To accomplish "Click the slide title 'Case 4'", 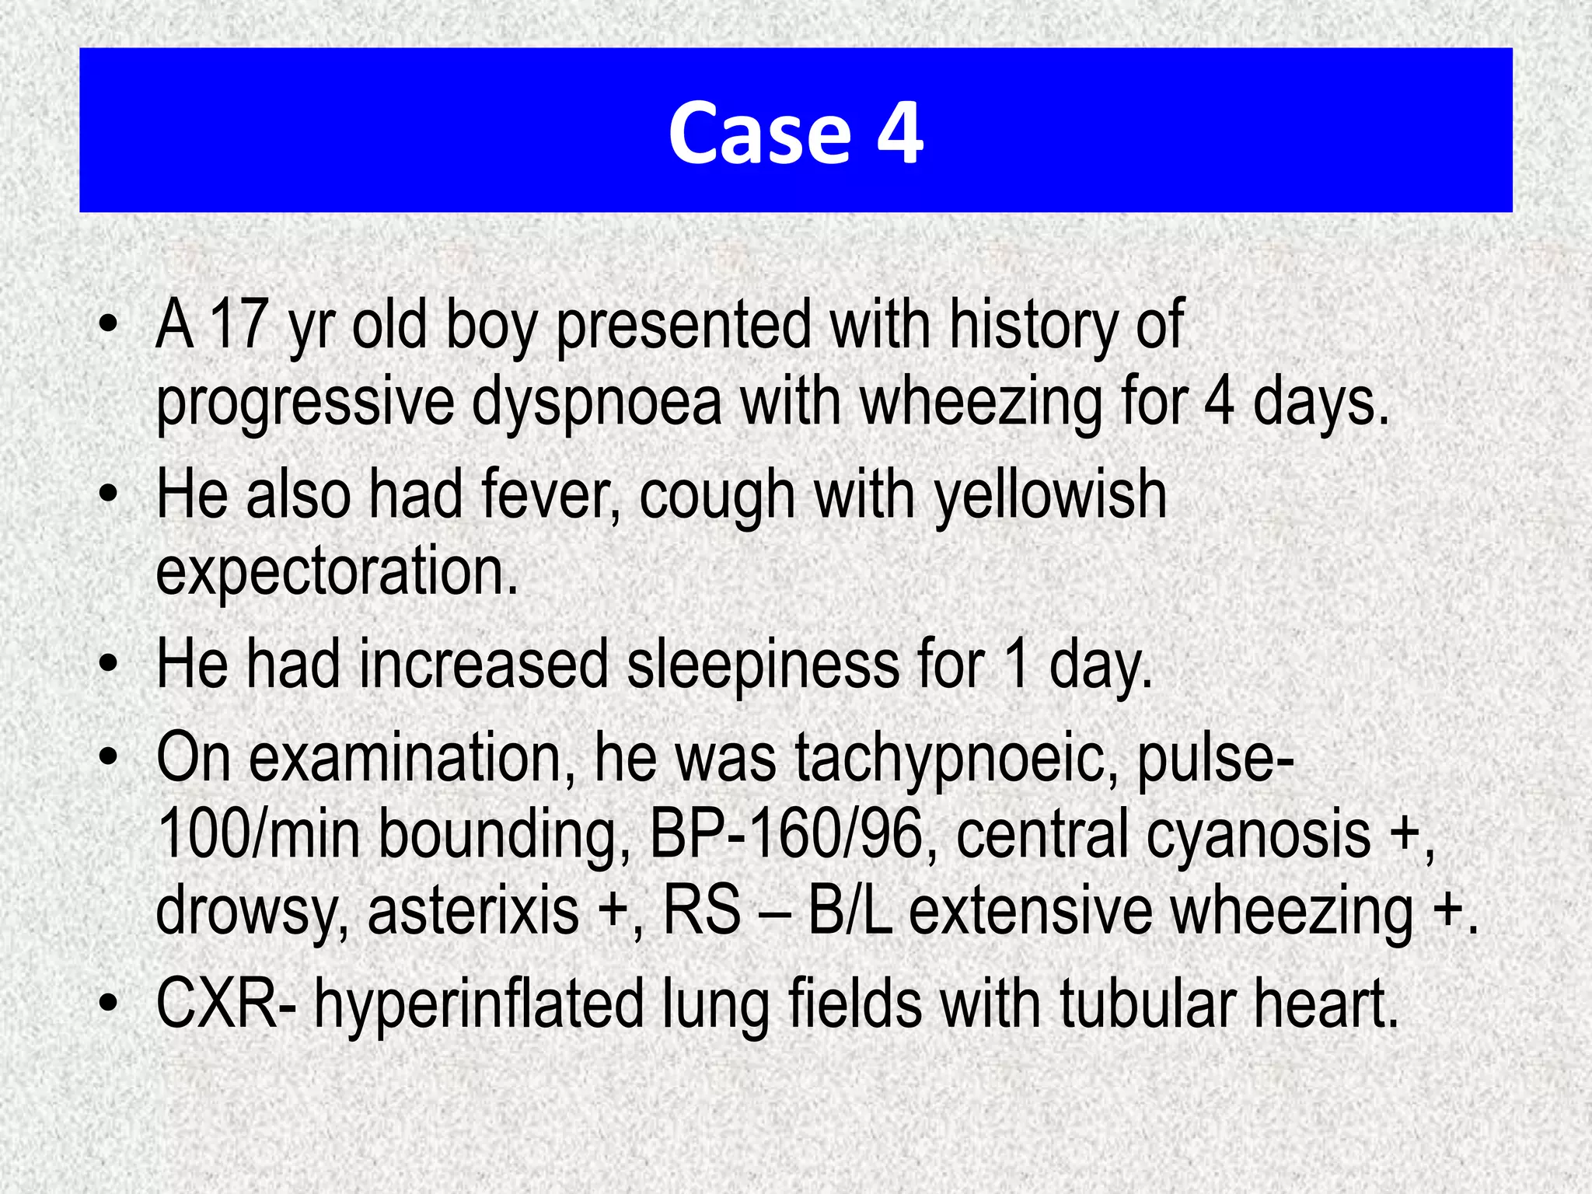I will point(795,132).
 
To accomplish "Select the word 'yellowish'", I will point(1050,495).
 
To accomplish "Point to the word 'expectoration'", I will point(337,571).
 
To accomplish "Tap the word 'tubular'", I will point(1146,1004).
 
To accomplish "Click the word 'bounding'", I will point(504,834).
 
